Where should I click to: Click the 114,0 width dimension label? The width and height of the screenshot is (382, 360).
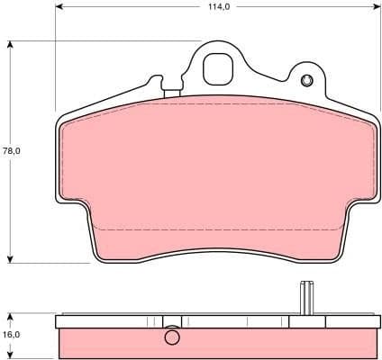[x=216, y=7]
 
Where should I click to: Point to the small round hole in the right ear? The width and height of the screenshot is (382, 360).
[x=308, y=82]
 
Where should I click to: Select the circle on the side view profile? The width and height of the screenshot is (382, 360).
[x=173, y=338]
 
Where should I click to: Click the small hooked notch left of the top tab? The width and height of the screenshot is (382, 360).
[x=168, y=87]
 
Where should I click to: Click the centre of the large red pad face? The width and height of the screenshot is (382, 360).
[x=216, y=171]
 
